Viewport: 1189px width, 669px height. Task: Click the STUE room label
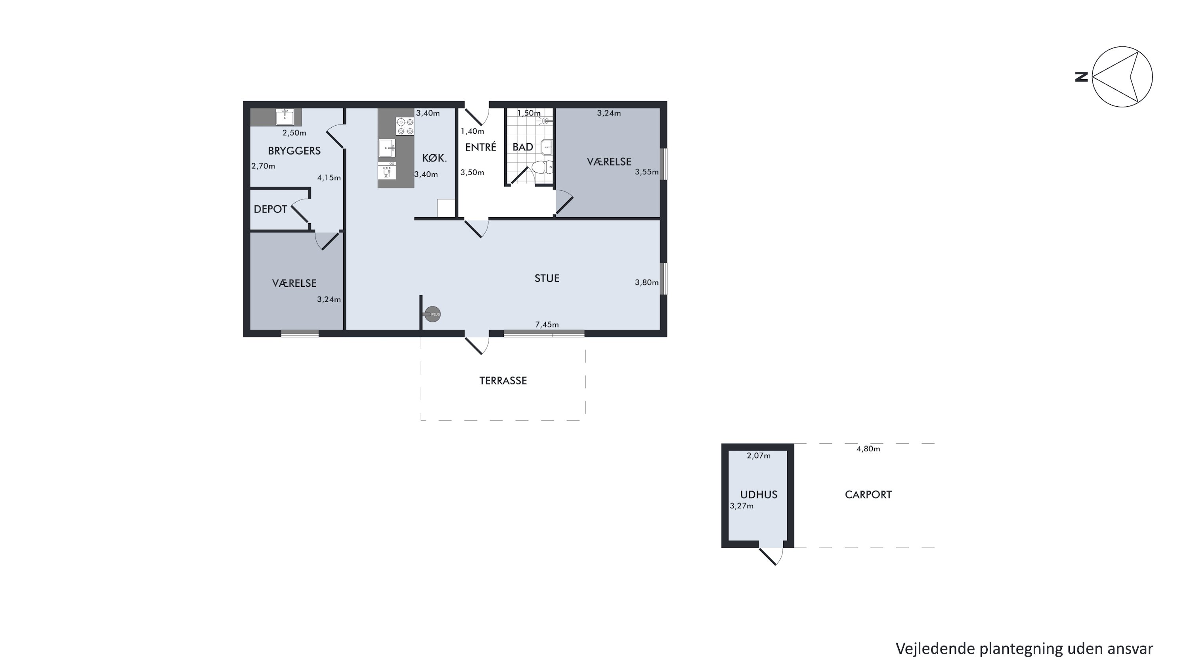tap(547, 278)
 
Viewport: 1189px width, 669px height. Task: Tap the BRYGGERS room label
tap(294, 151)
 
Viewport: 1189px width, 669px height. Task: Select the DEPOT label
tap(270, 209)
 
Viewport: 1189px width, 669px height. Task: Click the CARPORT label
tap(868, 495)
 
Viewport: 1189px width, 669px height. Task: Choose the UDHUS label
tap(759, 495)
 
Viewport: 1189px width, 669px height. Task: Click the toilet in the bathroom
tap(542, 167)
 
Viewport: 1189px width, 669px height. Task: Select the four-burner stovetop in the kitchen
tap(405, 126)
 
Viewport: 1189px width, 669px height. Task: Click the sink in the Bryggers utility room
tap(285, 117)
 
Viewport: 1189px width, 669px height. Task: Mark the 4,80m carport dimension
tap(868, 449)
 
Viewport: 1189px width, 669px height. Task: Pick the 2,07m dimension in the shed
tap(759, 456)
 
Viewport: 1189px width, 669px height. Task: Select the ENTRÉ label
tap(480, 147)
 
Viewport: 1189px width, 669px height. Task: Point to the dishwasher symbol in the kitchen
tap(387, 171)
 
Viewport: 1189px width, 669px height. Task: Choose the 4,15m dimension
tap(329, 178)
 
